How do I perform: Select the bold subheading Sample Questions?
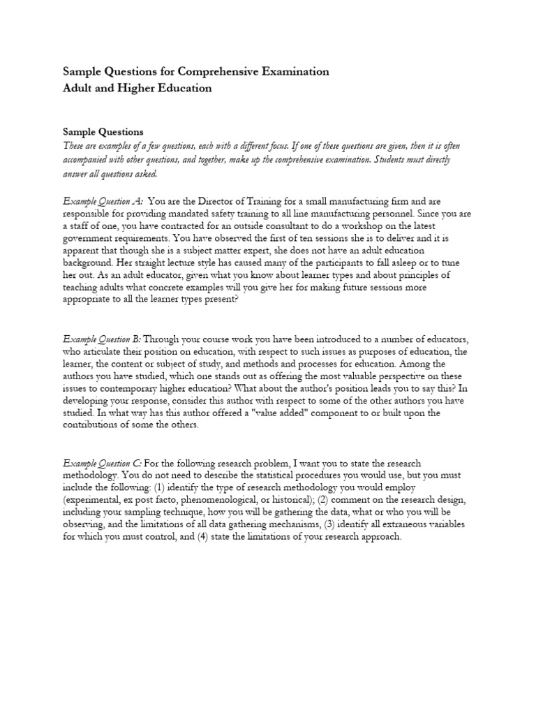click(103, 131)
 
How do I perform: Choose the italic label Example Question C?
click(103, 464)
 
